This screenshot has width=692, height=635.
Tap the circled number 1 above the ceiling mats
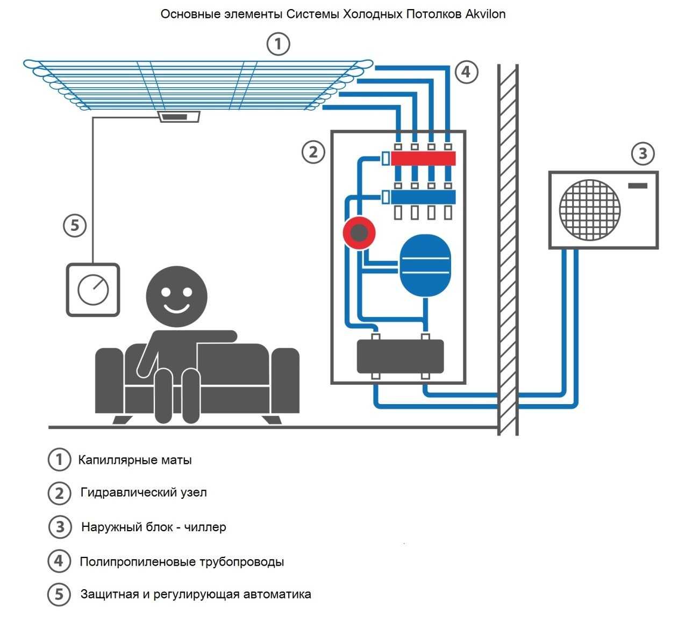click(279, 44)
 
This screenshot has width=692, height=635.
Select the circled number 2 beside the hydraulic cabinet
click(313, 152)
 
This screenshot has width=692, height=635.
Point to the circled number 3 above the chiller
click(643, 154)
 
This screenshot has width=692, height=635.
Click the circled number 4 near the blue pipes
click(466, 72)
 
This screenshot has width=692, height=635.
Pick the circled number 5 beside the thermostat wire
click(75, 225)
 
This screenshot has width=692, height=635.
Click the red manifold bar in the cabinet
click(423, 158)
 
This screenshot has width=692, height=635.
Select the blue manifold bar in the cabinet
click(423, 197)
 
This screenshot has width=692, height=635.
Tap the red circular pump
click(359, 233)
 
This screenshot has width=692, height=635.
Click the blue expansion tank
click(425, 265)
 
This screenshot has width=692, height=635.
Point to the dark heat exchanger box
click(401, 356)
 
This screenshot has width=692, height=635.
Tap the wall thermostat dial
click(93, 290)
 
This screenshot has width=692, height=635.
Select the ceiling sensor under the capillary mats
click(180, 117)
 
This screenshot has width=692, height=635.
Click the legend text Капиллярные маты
click(135, 460)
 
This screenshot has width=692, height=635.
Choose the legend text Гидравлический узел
click(144, 492)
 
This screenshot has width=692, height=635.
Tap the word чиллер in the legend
click(205, 527)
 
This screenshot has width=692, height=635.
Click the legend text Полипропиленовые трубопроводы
click(182, 562)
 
